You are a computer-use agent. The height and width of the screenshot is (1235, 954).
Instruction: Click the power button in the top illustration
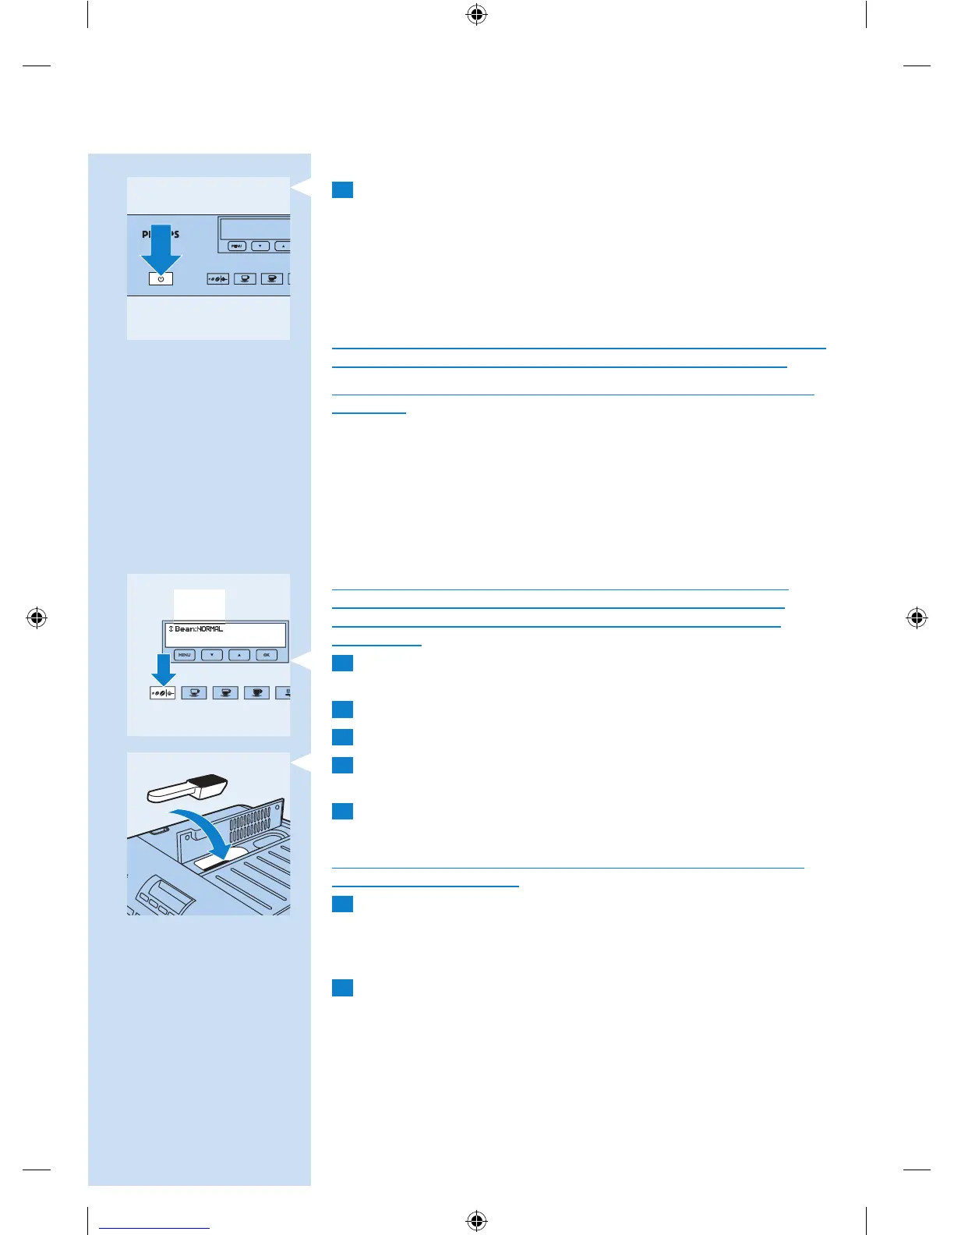[x=161, y=278]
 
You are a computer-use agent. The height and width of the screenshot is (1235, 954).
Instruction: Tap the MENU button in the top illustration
[x=237, y=246]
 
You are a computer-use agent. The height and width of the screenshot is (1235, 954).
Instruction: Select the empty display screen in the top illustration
[x=256, y=228]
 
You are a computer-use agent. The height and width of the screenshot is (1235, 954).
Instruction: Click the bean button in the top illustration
[x=217, y=278]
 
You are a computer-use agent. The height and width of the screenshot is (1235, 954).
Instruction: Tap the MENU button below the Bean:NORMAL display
[x=185, y=655]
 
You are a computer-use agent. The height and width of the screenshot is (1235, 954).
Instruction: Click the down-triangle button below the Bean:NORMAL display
[x=212, y=655]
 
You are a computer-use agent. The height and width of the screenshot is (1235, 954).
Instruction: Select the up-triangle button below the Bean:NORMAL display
[x=239, y=655]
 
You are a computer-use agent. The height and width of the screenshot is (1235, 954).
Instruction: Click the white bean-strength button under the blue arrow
[x=162, y=692]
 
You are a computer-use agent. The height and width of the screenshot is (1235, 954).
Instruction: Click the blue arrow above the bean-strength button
[x=163, y=669]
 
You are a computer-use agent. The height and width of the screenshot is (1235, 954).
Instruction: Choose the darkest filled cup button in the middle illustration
[x=256, y=692]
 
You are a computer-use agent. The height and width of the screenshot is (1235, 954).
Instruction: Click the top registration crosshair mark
[x=477, y=15]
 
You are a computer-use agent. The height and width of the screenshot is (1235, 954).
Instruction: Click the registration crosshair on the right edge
[x=917, y=618]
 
